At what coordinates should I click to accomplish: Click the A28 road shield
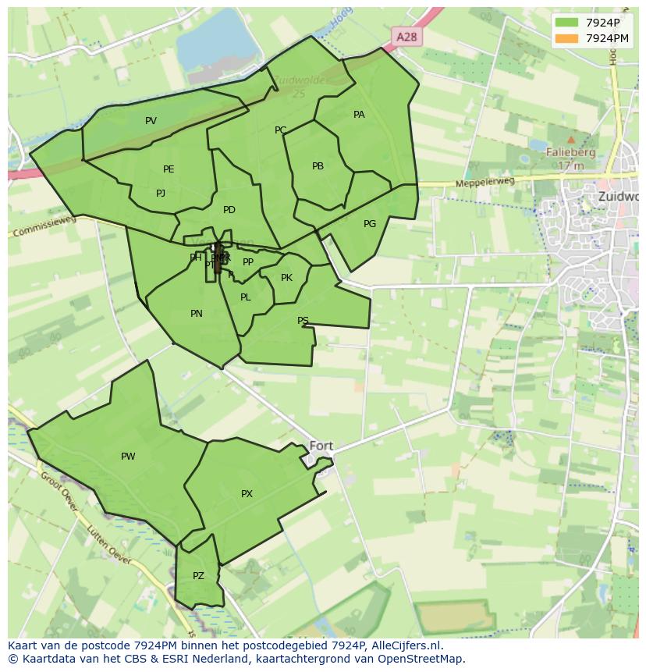[x=406, y=37]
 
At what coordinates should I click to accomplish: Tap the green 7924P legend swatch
[x=567, y=22]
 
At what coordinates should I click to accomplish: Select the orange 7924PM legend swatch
[x=567, y=38]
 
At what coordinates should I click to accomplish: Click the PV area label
[x=151, y=121]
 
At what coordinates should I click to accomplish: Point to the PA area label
[x=359, y=115]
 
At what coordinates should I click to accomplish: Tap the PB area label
[x=318, y=166]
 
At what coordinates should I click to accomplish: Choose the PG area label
[x=370, y=224]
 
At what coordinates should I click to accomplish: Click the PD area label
[x=229, y=210]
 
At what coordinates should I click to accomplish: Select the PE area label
[x=169, y=169]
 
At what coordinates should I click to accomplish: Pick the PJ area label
[x=161, y=194]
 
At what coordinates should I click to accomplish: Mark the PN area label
[x=197, y=314]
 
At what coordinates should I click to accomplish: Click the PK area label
[x=286, y=278]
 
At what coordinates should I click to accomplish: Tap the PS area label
[x=303, y=321]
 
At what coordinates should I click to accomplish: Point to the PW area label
[x=128, y=457]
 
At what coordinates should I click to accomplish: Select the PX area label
[x=247, y=494]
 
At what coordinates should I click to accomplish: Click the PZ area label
[x=198, y=576]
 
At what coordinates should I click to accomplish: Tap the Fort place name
[x=321, y=446]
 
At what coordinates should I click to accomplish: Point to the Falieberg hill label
[x=570, y=153]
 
